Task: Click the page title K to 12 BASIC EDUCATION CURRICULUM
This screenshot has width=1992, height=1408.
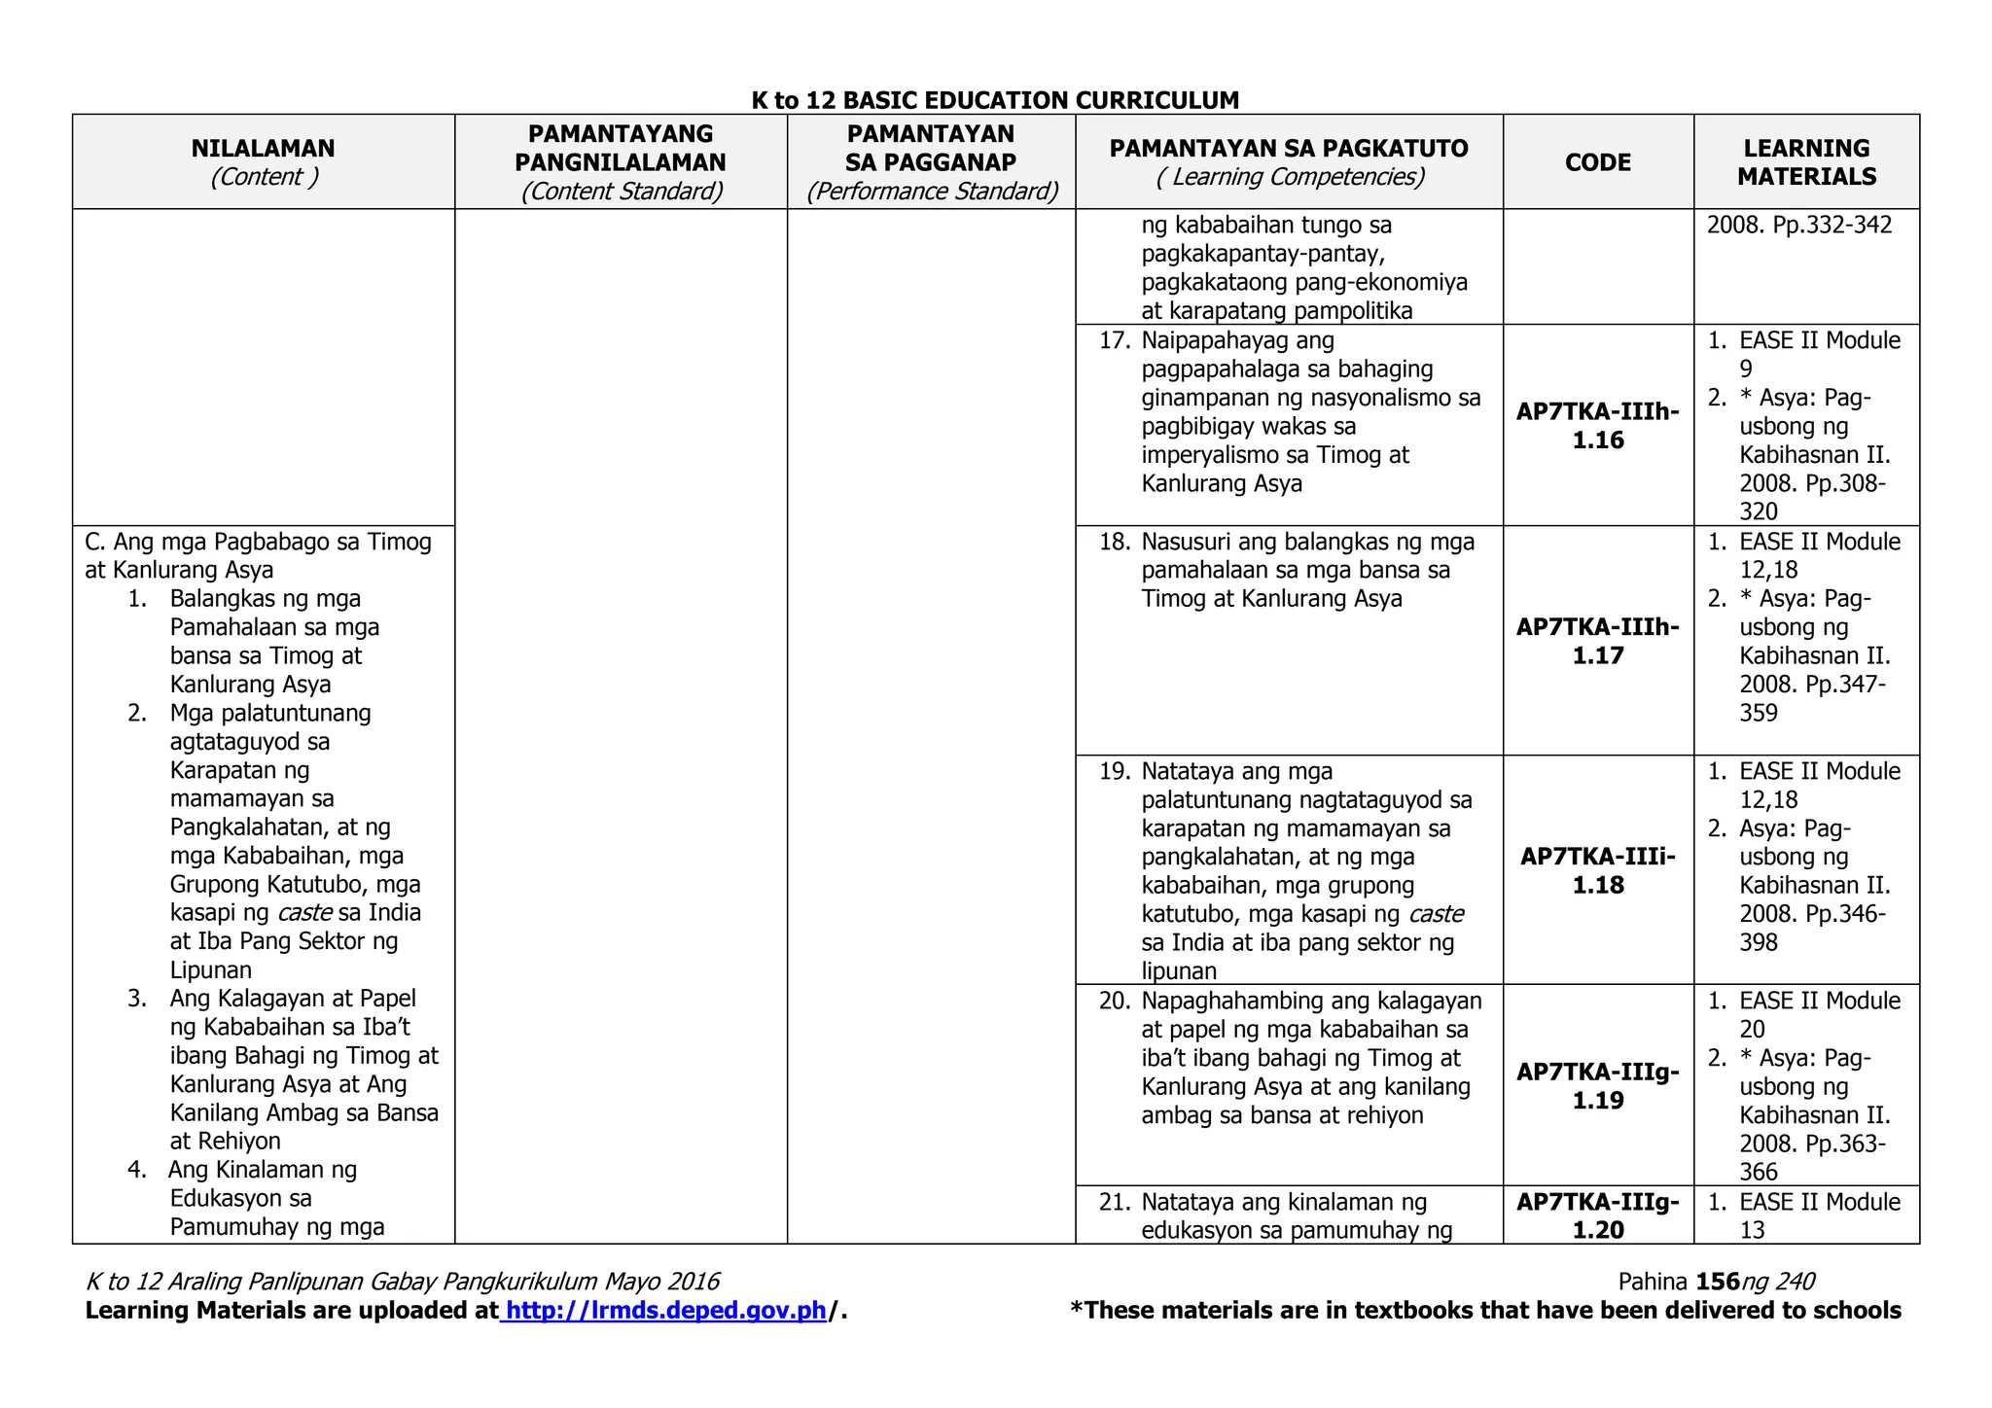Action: [995, 100]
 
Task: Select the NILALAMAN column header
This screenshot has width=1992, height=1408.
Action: [263, 149]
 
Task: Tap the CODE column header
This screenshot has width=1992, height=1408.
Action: [1598, 162]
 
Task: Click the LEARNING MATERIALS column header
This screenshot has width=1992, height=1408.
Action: [1806, 162]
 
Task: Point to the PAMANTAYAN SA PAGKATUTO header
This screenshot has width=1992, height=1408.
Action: [1289, 149]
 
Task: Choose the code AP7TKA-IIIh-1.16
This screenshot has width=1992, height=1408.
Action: [1598, 426]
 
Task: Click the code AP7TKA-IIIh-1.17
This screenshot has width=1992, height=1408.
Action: [1598, 641]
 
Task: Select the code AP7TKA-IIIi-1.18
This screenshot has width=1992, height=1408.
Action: [1598, 870]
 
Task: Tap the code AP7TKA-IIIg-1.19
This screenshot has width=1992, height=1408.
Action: [1598, 1086]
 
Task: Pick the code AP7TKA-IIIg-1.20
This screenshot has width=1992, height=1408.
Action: [1598, 1215]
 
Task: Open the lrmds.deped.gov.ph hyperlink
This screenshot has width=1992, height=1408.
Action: [666, 1311]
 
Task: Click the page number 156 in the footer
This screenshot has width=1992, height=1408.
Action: [1717, 1283]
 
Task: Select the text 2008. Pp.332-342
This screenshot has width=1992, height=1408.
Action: [1799, 226]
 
